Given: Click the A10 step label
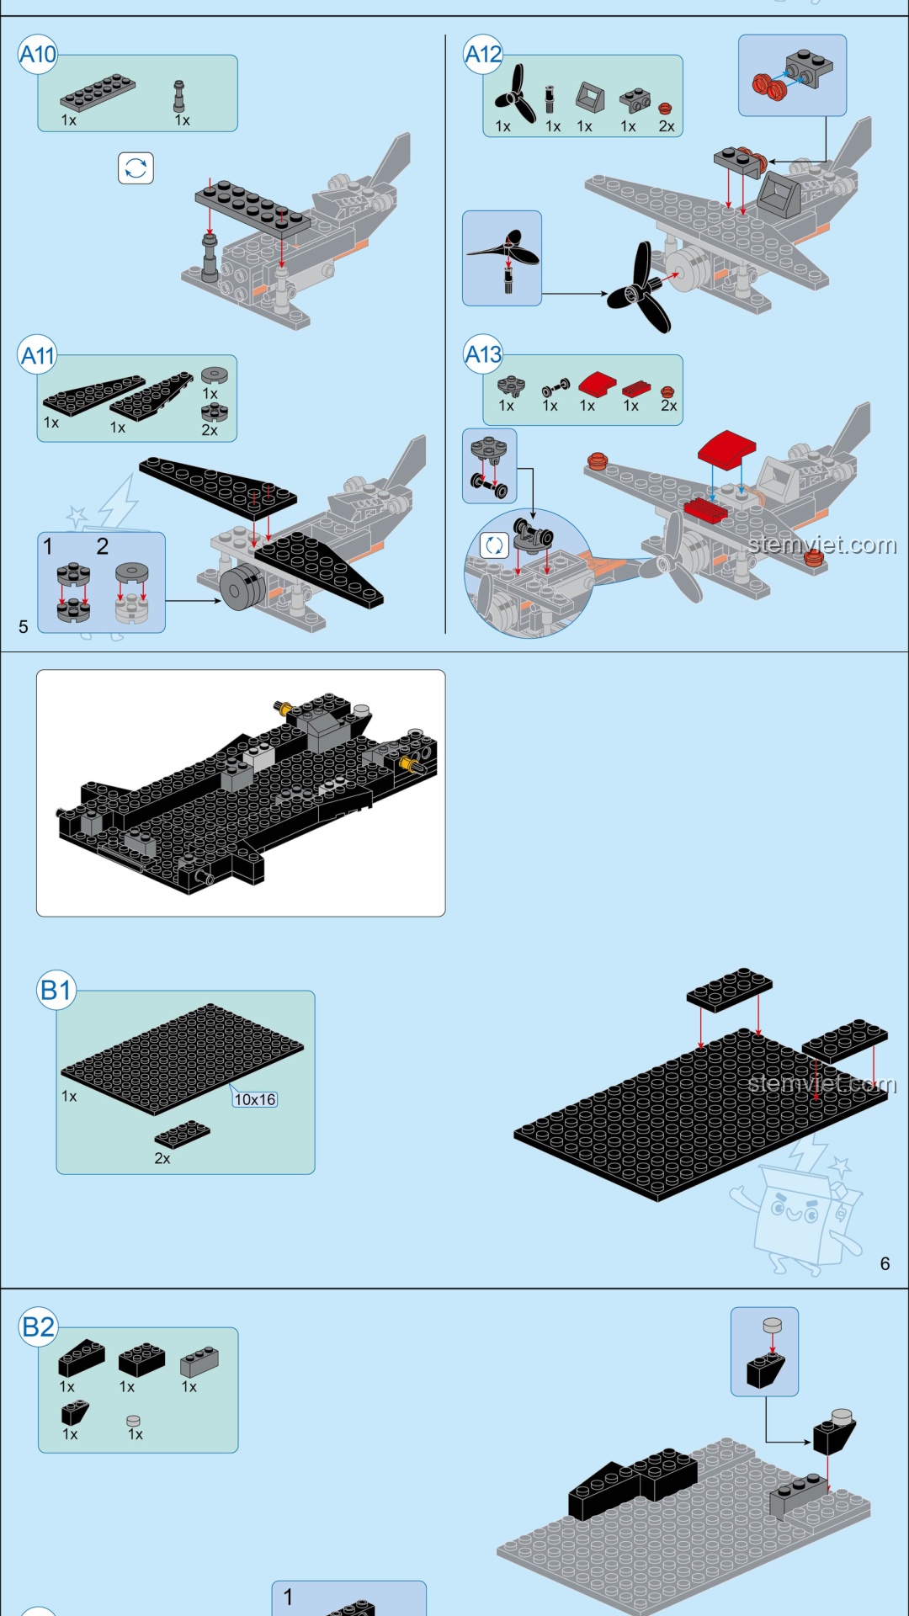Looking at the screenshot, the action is coord(38,55).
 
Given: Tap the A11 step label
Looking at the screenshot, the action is coord(38,355).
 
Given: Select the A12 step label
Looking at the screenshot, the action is coord(483,55).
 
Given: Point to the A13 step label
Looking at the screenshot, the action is coord(483,354).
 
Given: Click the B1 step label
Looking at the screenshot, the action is coord(56,990).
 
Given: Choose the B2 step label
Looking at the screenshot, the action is coord(39,1327).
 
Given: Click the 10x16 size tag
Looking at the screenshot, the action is coord(255,1099).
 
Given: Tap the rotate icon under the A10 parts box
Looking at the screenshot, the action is coord(136,168).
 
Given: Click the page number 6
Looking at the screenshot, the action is coord(885,1263).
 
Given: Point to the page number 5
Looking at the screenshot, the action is coord(24,626).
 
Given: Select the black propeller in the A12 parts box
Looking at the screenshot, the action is coord(515,95).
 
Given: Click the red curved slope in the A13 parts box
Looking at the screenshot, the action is coord(597,385).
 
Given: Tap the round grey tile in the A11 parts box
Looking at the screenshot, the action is coord(214,375).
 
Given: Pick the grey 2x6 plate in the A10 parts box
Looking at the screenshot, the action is coord(98,93).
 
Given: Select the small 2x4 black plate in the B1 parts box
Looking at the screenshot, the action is coord(183,1134).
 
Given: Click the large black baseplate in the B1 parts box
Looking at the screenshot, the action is coord(183,1058).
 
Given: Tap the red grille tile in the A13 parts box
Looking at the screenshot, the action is coord(636,389).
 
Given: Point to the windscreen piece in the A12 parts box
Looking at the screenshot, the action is coord(590,99).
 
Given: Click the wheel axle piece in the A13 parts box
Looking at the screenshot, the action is coord(555,387).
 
